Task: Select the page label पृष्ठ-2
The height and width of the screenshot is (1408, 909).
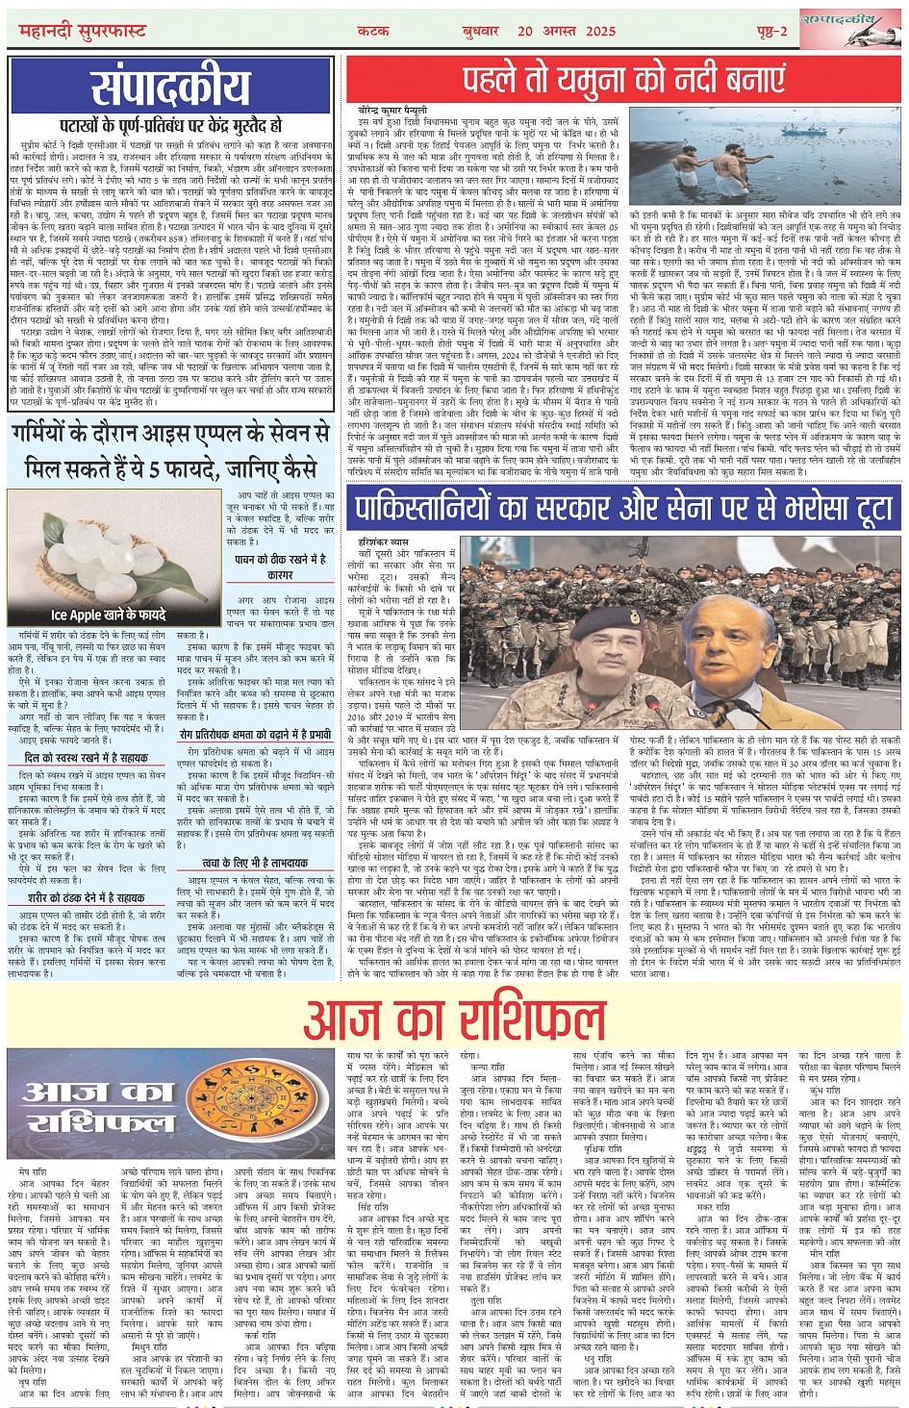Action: [772, 30]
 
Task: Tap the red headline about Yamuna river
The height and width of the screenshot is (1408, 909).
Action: [621, 79]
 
